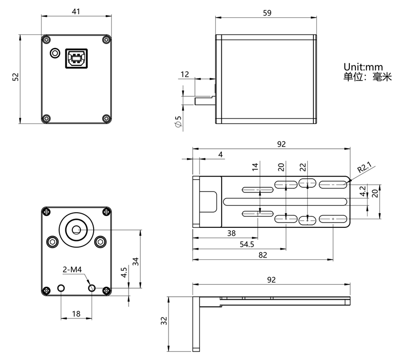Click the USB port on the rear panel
click(x=76, y=58)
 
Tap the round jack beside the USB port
click(x=55, y=53)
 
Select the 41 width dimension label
click(x=76, y=11)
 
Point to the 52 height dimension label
click(x=16, y=77)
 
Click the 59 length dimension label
click(x=267, y=13)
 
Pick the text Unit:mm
click(x=363, y=67)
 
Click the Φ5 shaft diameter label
click(x=178, y=122)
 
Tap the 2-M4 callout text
click(x=72, y=269)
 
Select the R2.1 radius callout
click(x=364, y=167)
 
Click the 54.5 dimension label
click(x=247, y=245)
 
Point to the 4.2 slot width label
click(x=363, y=191)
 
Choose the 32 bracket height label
click(x=164, y=321)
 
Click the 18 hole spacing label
click(x=76, y=314)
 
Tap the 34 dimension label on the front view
click(x=136, y=262)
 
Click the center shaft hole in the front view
click(x=76, y=229)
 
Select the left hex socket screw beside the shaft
click(x=53, y=242)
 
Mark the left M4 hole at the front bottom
click(x=61, y=288)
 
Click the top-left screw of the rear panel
click(x=47, y=40)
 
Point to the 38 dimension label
click(x=231, y=233)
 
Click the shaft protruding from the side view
click(x=205, y=100)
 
